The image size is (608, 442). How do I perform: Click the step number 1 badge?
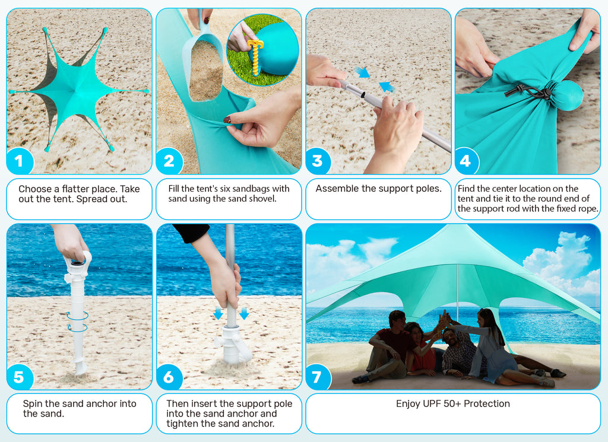click(20, 161)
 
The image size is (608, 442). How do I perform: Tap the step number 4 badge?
click(467, 160)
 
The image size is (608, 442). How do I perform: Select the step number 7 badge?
click(318, 377)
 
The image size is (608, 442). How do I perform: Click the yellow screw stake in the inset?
click(255, 56)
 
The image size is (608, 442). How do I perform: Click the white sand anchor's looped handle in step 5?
click(83, 259)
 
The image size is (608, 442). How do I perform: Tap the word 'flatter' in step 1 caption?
click(75, 189)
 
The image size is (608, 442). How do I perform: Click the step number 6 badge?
click(169, 377)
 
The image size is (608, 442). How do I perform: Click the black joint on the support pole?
click(363, 94)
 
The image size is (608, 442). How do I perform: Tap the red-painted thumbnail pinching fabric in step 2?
click(227, 120)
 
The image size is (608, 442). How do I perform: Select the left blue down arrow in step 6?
click(218, 313)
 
